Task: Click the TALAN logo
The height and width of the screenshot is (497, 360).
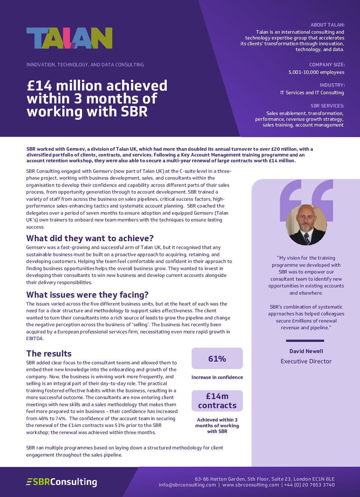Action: click(x=69, y=38)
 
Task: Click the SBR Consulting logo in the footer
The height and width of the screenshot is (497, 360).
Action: click(x=62, y=482)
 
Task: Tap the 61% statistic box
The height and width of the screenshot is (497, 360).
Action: click(x=217, y=359)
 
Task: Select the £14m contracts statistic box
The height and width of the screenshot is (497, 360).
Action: click(x=217, y=401)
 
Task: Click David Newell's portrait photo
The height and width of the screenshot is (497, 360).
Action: click(x=306, y=225)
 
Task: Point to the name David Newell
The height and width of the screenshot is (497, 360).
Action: click(x=306, y=351)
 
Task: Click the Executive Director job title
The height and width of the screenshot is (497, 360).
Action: click(x=306, y=361)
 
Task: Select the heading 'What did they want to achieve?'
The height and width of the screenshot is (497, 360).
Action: click(x=90, y=238)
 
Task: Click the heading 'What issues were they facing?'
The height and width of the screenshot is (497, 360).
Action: click(x=87, y=295)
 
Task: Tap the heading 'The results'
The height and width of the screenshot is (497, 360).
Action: click(x=49, y=353)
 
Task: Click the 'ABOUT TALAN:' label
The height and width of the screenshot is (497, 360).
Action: click(x=327, y=25)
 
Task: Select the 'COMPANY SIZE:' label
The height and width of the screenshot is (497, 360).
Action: click(x=327, y=65)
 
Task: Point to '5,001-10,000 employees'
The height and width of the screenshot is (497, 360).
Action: click(x=316, y=72)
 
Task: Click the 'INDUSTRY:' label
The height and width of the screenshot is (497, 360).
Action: click(x=332, y=85)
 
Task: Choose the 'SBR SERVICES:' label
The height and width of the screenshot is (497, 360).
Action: click(x=327, y=106)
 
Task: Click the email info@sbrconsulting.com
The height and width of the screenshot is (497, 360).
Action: click(x=187, y=485)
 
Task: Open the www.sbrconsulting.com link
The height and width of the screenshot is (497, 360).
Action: click(x=250, y=485)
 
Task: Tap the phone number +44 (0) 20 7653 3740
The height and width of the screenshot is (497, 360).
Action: click(x=309, y=485)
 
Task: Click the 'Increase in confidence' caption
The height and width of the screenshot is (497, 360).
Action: click(x=217, y=377)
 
